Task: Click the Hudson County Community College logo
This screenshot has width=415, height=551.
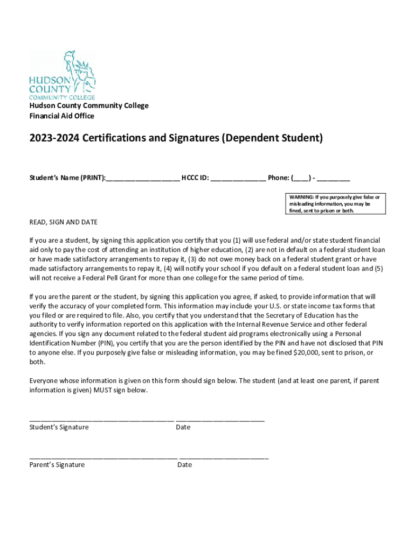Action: (x=62, y=75)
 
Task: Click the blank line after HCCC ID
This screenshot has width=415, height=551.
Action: (x=238, y=179)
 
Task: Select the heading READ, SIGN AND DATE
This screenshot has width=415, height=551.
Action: (x=63, y=222)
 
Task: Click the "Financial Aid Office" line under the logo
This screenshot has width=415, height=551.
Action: (x=61, y=116)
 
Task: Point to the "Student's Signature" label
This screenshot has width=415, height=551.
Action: (x=59, y=427)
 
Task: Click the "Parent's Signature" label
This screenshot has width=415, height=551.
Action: (x=57, y=465)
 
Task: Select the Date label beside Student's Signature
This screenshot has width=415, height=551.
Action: (x=183, y=427)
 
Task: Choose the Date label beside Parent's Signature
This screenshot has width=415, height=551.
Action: (x=184, y=465)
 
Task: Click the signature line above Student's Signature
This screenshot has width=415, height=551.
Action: (x=101, y=419)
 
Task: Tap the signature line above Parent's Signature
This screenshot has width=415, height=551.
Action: (x=103, y=457)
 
